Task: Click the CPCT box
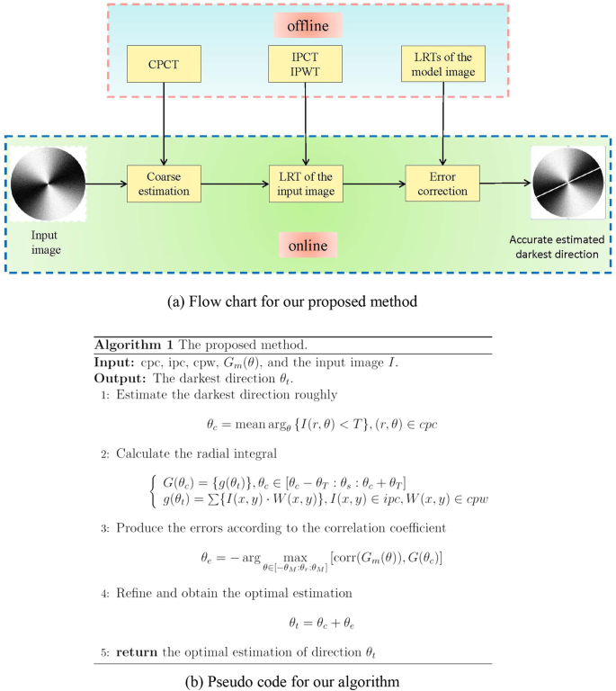click(x=163, y=64)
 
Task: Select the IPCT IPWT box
click(x=306, y=64)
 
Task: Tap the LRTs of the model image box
click(x=442, y=64)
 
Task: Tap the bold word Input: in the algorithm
click(x=115, y=361)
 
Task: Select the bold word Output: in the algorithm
click(x=120, y=376)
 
